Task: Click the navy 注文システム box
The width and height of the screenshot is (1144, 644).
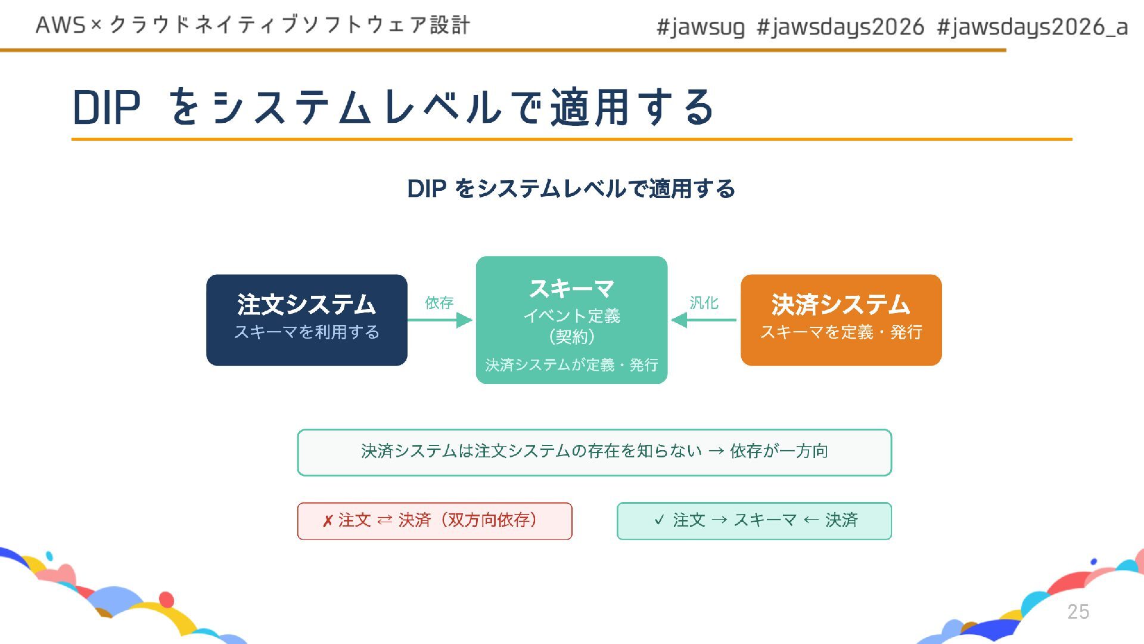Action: tap(306, 320)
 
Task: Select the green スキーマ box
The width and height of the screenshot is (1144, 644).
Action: tap(571, 320)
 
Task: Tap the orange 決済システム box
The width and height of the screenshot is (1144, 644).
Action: tap(841, 320)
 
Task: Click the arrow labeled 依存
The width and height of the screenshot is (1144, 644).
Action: tap(440, 320)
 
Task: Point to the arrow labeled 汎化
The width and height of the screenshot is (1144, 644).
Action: tap(704, 320)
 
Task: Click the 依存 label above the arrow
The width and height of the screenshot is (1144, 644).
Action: tap(439, 303)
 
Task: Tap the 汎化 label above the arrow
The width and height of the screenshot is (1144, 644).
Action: tap(704, 303)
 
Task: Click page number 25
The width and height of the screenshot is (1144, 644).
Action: tap(1078, 612)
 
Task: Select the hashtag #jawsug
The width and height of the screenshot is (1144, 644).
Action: tap(700, 27)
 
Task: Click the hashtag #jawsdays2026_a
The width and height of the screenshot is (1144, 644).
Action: tap(1032, 27)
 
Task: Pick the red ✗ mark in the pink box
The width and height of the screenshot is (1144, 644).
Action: tap(327, 521)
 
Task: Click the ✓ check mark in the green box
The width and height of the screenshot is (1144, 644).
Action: tap(659, 520)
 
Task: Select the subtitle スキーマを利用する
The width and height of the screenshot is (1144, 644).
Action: tap(306, 332)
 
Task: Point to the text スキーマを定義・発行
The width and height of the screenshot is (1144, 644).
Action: tap(841, 332)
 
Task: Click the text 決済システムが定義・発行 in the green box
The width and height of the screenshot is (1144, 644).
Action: tap(571, 365)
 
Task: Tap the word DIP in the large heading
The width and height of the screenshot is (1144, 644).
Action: tap(107, 108)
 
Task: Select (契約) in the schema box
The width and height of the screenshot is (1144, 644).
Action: tap(571, 337)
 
